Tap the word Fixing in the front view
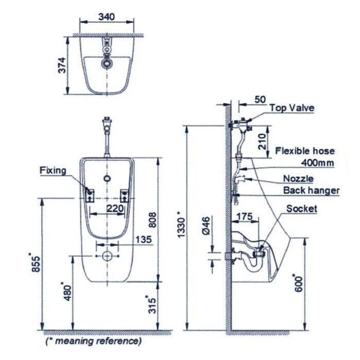pos(53,170)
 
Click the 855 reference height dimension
pos(33,263)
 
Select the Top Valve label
pos(292,108)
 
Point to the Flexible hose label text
pos(304,151)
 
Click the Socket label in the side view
pos(302,208)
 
